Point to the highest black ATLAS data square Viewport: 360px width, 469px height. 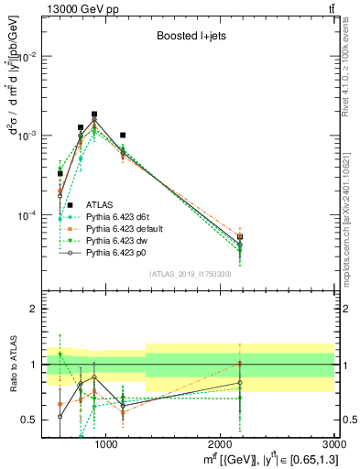tap(94, 115)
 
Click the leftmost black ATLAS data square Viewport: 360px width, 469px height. tap(60, 173)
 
